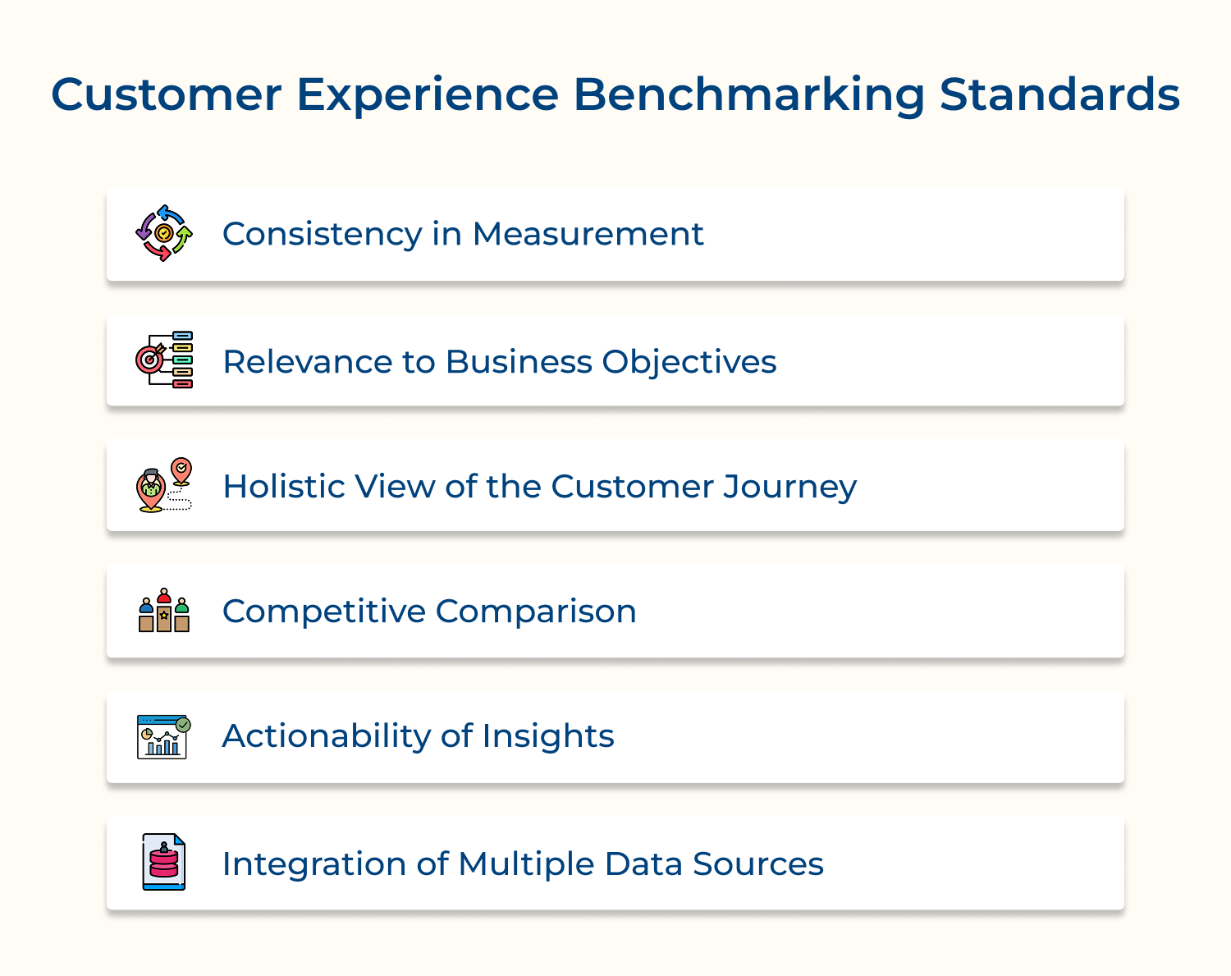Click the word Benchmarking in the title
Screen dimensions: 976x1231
748,95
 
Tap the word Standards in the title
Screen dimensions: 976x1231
1059,94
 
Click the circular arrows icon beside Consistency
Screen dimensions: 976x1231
164,233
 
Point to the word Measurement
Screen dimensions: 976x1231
588,234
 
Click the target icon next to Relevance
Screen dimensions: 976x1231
164,360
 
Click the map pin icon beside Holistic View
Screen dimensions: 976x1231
164,485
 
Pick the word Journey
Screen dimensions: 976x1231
789,487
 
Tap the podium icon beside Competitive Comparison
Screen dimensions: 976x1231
164,611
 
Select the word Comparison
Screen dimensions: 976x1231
536,612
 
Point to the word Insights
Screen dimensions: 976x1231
548,736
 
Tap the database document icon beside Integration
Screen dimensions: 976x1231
164,862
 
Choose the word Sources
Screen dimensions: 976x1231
757,864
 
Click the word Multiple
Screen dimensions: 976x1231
526,864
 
